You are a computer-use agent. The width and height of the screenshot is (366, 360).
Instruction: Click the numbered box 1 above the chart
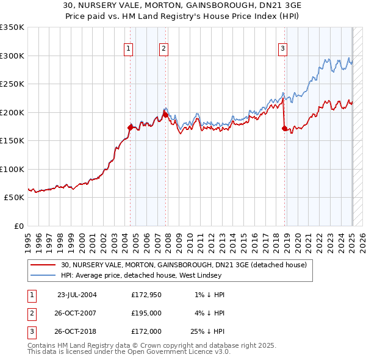(129, 50)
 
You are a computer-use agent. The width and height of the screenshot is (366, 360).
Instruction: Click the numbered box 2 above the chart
(164, 50)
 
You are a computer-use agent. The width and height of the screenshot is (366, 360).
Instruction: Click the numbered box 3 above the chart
(283, 50)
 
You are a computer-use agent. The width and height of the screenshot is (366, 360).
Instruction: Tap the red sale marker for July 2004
(130, 128)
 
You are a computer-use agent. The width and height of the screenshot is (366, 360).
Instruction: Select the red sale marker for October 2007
(165, 115)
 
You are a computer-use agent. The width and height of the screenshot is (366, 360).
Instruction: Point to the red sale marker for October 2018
(284, 128)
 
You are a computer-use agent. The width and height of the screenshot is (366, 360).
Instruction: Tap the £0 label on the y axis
(18, 226)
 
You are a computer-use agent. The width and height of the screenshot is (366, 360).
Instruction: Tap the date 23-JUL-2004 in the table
(77, 294)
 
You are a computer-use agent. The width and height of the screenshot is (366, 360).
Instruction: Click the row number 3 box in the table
(31, 333)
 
